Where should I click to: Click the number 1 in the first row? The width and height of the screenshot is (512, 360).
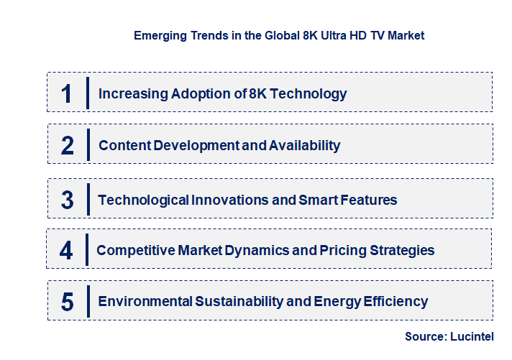pos(66,93)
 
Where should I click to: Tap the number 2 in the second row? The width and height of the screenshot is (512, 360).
pos(67,146)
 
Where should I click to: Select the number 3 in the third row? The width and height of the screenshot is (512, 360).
pos(67,200)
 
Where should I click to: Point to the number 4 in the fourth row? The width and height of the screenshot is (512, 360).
pos(66,251)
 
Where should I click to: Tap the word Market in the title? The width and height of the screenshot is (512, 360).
pos(406,35)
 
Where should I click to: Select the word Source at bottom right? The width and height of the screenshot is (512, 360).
pos(424,336)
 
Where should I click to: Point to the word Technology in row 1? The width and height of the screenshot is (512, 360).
pos(310,93)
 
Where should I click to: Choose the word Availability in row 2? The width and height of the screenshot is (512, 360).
pos(304,146)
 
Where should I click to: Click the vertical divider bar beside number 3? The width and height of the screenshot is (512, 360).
pos(87,199)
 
